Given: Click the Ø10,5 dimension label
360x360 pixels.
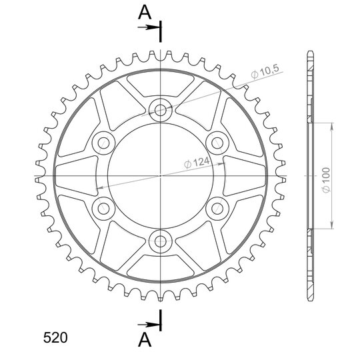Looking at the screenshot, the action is pos(265,72).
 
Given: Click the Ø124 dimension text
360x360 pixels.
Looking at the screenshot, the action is pos(197,163).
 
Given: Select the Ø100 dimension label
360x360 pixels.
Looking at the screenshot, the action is pos(326,180).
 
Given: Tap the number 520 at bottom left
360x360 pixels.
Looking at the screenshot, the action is pos(55,337).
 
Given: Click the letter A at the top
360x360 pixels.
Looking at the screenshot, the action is pos(145,13).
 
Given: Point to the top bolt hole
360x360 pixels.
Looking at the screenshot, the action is pos(161,111).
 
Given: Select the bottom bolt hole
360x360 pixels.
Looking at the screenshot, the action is pos(161,241).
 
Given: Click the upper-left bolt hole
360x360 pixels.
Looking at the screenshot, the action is pos(103,143).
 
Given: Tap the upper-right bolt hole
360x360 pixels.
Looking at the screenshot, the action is pos(217,143).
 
